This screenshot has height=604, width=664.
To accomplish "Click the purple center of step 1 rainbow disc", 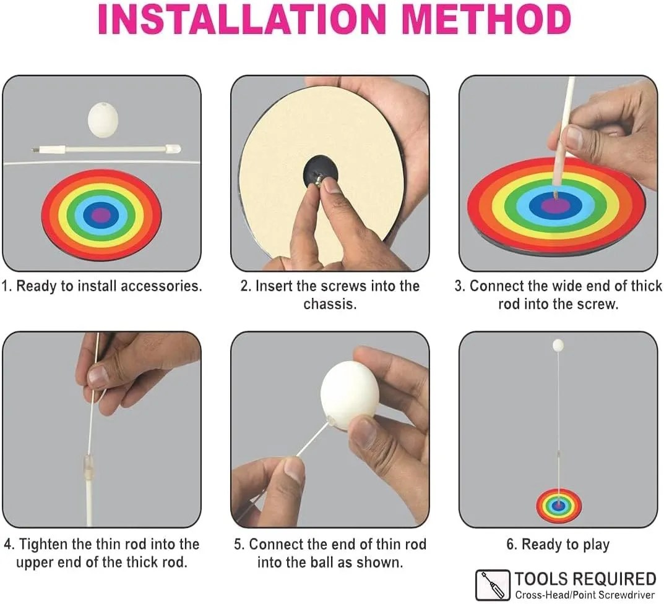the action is point(101,215).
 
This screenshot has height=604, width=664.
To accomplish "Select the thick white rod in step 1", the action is point(106,149).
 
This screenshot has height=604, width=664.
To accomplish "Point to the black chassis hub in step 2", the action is point(321,175).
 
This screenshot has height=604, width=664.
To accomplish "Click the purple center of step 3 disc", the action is point(556,205).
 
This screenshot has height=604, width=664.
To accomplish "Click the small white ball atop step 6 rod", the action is point(558,345).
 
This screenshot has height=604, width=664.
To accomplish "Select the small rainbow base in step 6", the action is point(559,506).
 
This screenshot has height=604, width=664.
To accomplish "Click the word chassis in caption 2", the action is point(330,304).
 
